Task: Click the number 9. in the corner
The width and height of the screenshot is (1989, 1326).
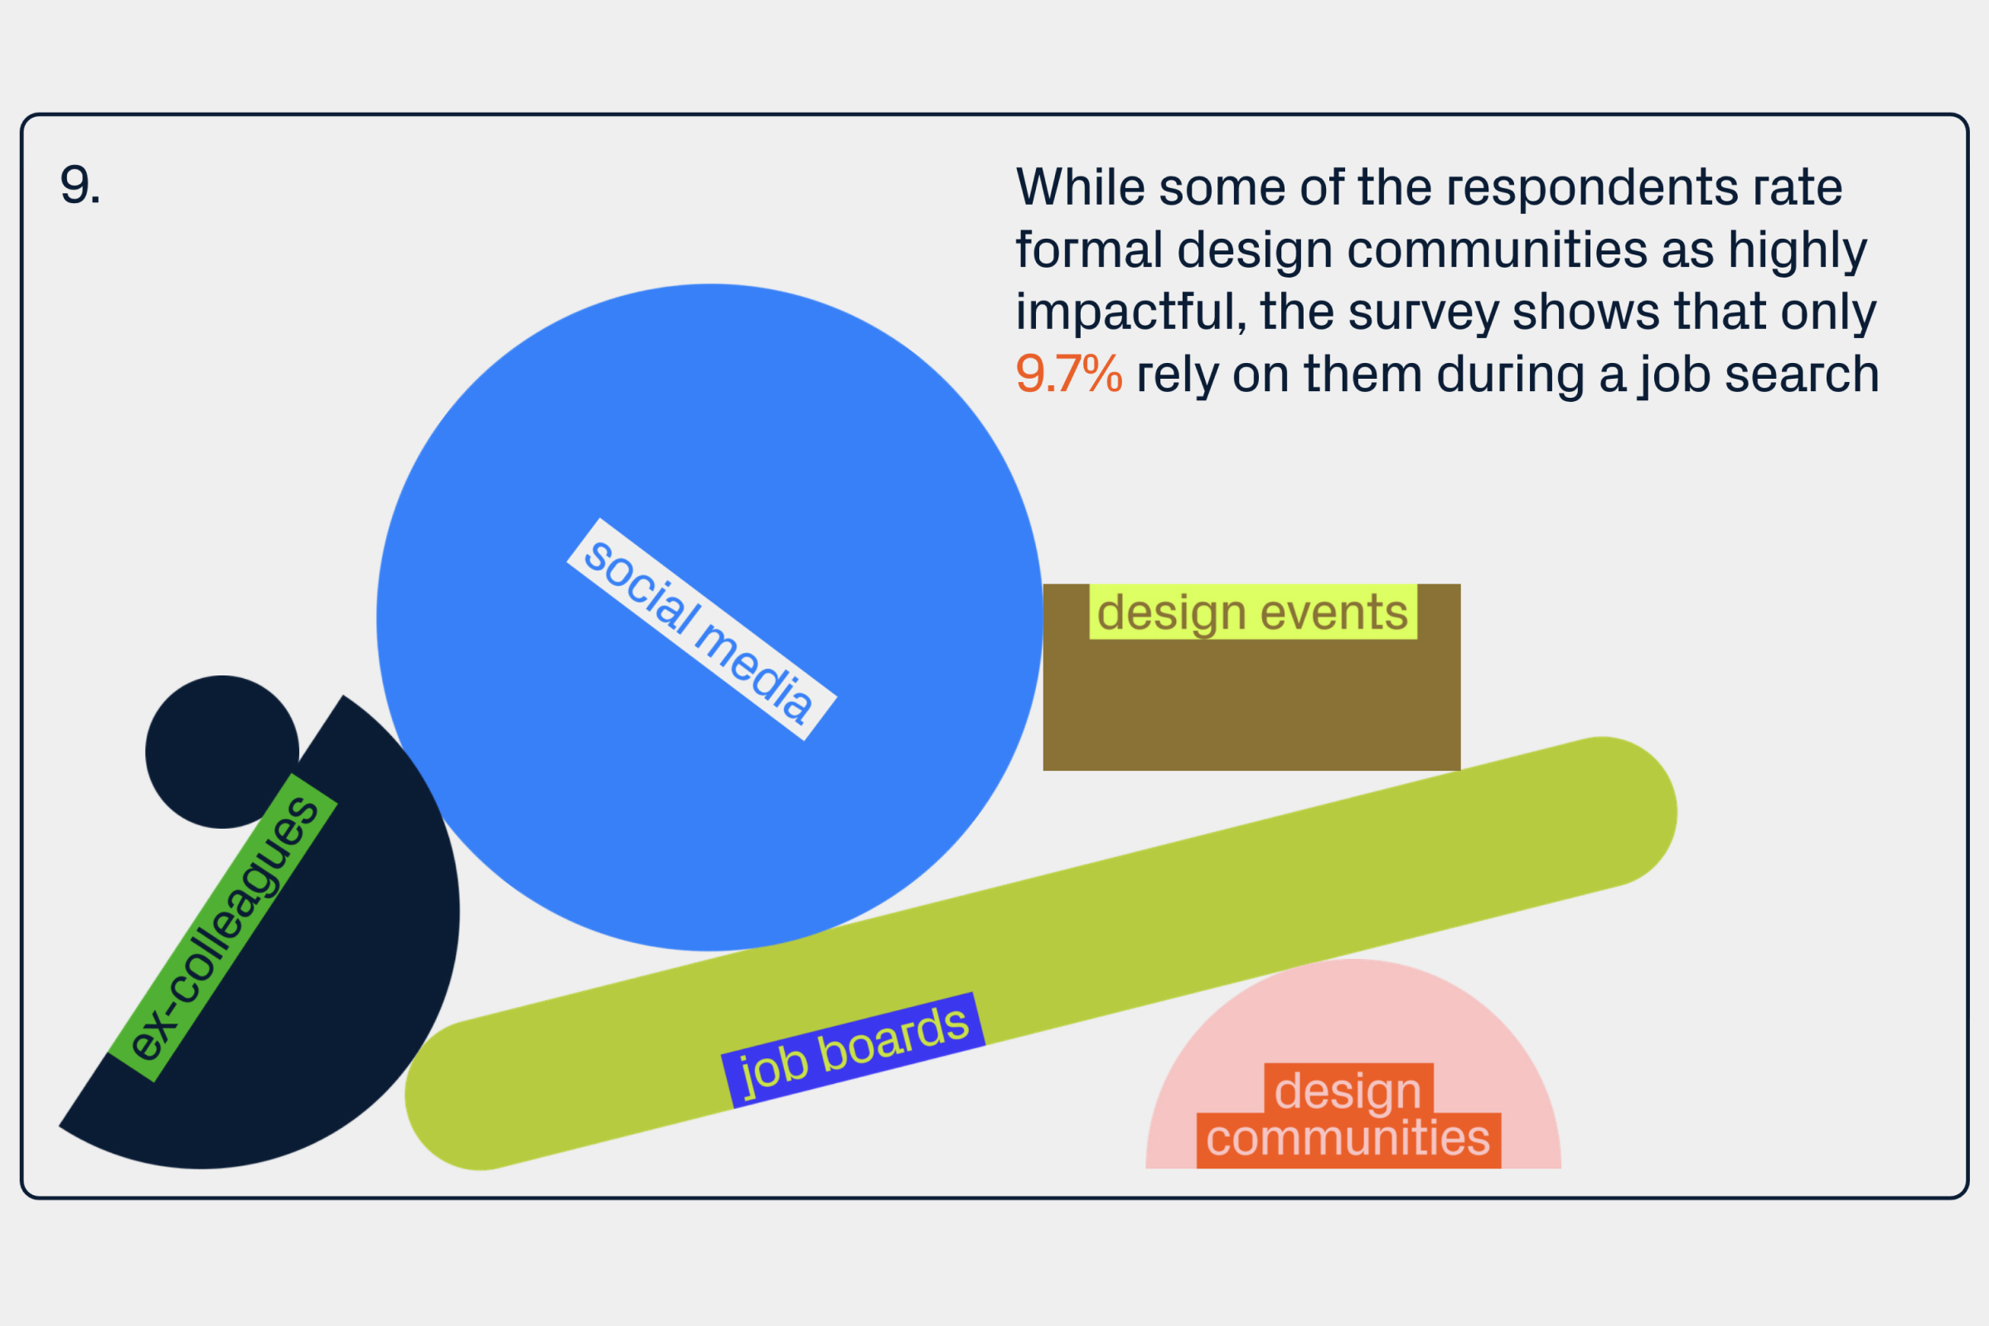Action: coord(80,185)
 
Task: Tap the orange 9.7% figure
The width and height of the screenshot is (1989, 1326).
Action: coord(1069,374)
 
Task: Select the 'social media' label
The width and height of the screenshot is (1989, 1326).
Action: coord(701,629)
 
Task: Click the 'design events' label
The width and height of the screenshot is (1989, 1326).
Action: coord(1252,612)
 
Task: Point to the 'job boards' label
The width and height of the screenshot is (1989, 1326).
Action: coord(853,1050)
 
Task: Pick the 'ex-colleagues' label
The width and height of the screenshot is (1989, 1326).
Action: coord(223,927)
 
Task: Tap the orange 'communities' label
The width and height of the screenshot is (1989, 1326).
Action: coord(1349,1138)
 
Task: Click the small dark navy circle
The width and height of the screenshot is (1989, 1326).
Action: coord(222,752)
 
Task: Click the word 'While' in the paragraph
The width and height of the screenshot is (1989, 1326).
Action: coord(1081,187)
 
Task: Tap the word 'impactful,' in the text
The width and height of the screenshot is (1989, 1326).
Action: coord(1130,312)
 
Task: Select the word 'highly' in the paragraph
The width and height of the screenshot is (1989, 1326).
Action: coord(1797,251)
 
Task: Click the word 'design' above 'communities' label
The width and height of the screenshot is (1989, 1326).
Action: coord(1348,1091)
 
